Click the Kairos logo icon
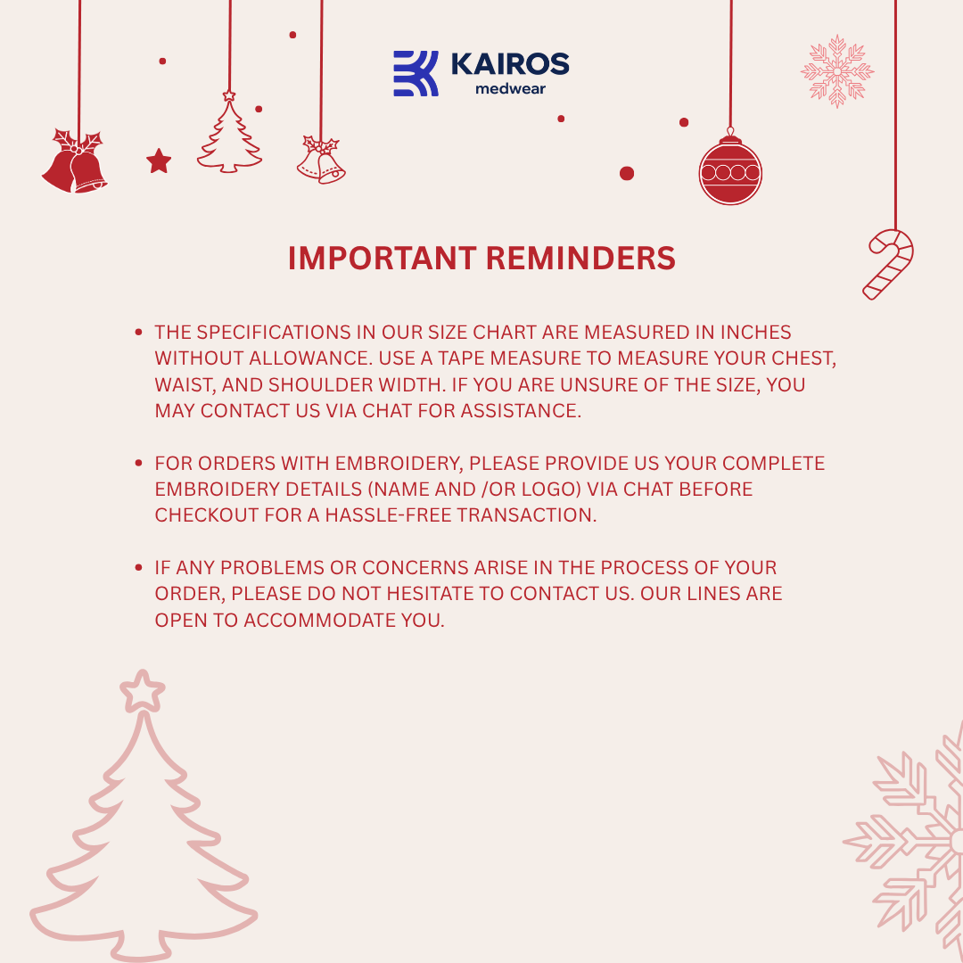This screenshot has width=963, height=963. point(416,73)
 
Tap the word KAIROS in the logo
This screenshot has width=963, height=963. point(510,64)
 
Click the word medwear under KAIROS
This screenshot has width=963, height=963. point(511,89)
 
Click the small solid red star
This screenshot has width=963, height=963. point(159,161)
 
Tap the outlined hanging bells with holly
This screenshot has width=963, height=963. point(322,160)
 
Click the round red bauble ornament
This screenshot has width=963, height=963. point(730,171)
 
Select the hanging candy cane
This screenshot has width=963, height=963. point(889,263)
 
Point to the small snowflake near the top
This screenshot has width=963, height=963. point(836,71)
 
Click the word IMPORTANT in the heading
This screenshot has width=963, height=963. point(383,259)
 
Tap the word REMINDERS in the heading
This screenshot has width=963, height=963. point(580,259)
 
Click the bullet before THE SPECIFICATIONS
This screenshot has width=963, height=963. point(139,333)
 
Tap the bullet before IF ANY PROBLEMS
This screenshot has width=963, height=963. point(139,568)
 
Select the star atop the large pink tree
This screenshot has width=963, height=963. point(142,691)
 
